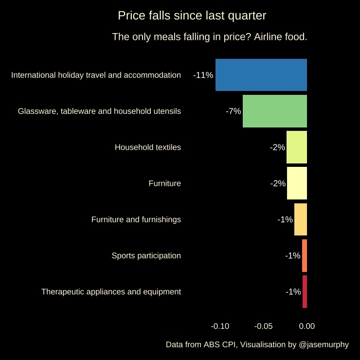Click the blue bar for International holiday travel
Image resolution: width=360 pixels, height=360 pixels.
click(x=261, y=75)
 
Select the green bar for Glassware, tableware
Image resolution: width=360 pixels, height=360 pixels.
click(x=275, y=111)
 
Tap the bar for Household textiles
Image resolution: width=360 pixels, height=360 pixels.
click(x=297, y=147)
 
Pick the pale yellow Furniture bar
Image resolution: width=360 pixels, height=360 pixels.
click(x=297, y=183)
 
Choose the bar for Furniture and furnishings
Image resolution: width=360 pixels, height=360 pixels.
click(x=301, y=219)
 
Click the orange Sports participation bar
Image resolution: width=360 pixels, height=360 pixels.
click(x=305, y=255)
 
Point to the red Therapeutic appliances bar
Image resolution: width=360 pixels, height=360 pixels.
click(x=305, y=291)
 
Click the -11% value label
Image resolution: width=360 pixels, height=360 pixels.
click(x=203, y=75)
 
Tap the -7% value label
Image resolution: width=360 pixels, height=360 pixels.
click(x=234, y=111)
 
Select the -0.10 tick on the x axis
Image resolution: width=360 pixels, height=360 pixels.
click(x=220, y=326)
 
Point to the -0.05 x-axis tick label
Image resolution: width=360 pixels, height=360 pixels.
click(x=264, y=326)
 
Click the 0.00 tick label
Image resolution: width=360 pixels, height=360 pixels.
click(x=307, y=326)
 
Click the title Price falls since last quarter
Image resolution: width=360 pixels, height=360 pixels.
click(x=192, y=16)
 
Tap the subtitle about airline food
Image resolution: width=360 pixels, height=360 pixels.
click(x=210, y=37)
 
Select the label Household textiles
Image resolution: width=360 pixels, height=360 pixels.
click(x=148, y=147)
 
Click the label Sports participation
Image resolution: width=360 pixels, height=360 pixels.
click(x=146, y=255)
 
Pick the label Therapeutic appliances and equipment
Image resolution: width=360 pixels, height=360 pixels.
click(x=111, y=291)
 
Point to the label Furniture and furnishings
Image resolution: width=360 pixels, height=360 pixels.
click(x=136, y=219)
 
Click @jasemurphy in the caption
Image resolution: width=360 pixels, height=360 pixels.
click(x=324, y=344)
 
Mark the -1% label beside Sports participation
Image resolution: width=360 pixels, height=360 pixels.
click(x=293, y=255)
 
